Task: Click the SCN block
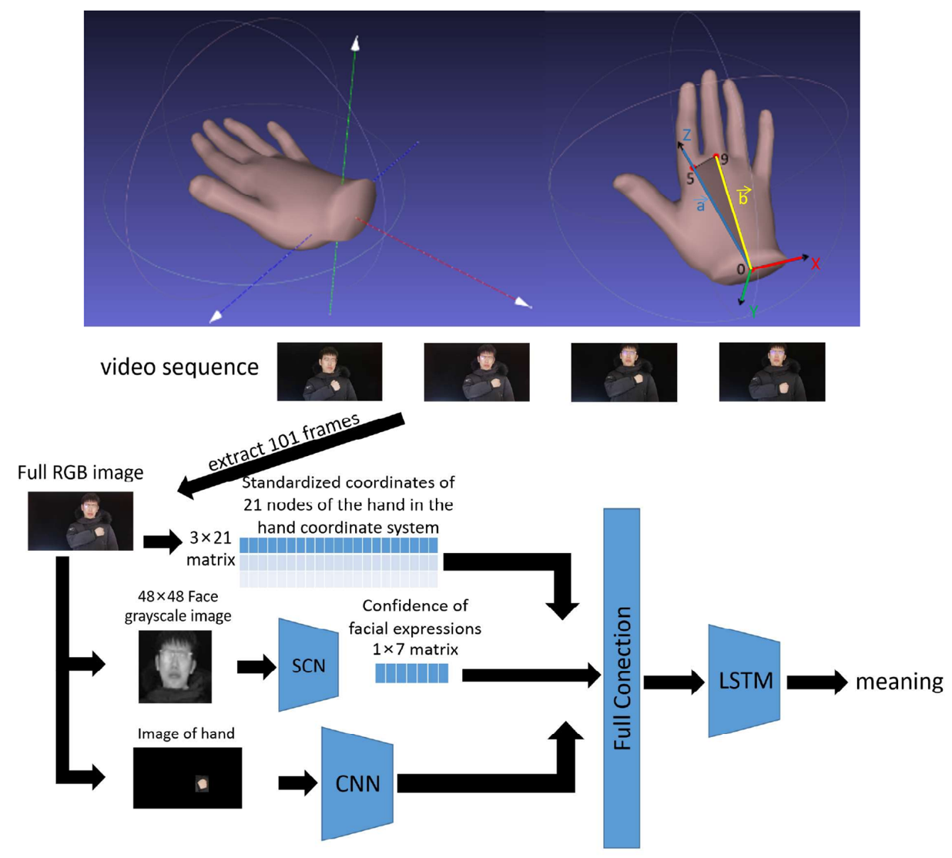[x=308, y=665]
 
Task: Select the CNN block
[x=357, y=783]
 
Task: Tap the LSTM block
[x=744, y=681]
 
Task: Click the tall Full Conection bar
[x=622, y=678]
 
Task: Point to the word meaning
[x=899, y=682]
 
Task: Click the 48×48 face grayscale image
[x=175, y=666]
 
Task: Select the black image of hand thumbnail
[x=187, y=778]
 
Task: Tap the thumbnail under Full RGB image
[x=80, y=521]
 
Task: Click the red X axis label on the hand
[x=816, y=264]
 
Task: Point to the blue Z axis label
[x=686, y=136]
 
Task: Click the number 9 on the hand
[x=724, y=159]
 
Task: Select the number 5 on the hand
[x=689, y=179]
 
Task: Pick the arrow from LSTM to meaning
[x=816, y=682]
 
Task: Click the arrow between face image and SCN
[x=256, y=666]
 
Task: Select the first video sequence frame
[x=329, y=372]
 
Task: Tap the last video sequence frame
[x=772, y=372]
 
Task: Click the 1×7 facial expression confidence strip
[x=411, y=673]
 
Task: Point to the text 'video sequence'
[x=179, y=367]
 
